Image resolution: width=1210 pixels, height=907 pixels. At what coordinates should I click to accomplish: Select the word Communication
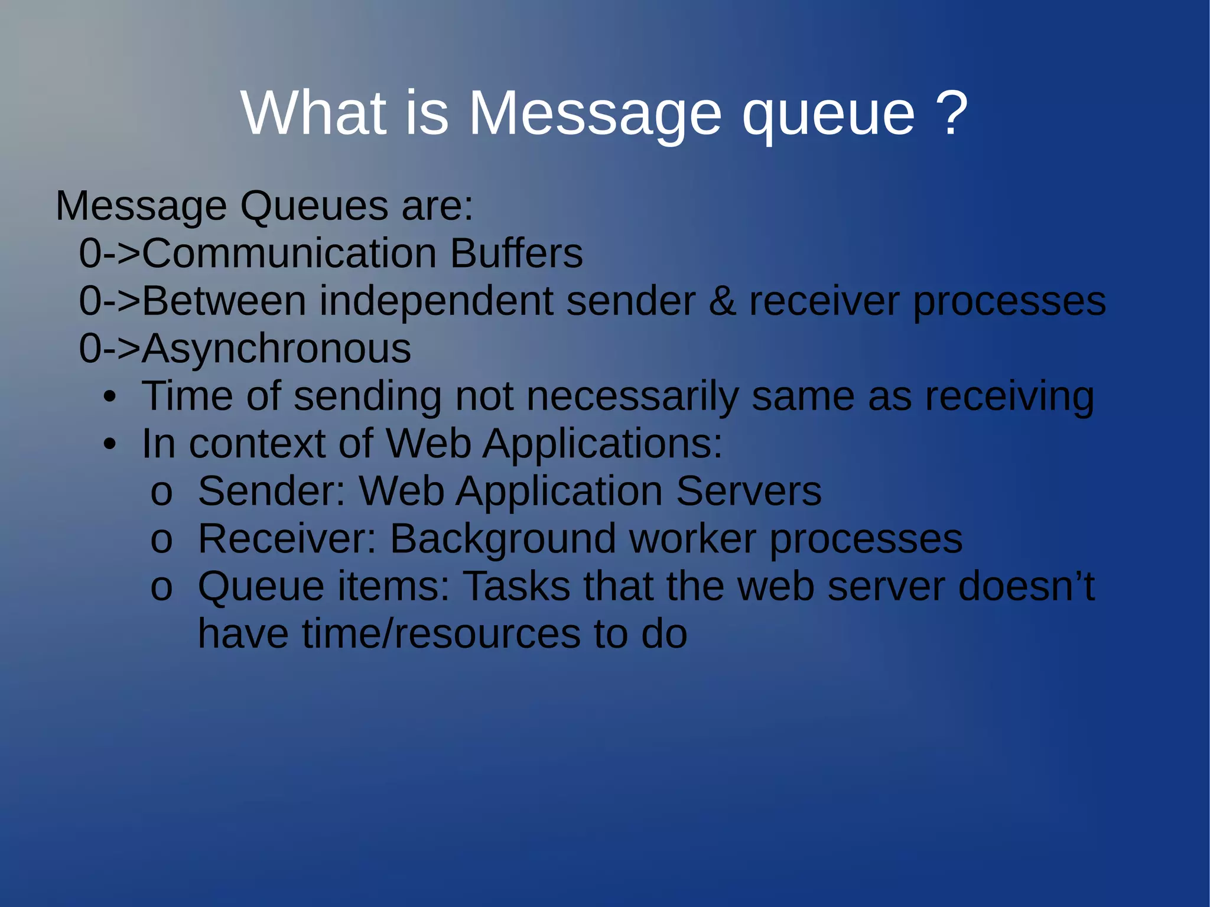pos(290,253)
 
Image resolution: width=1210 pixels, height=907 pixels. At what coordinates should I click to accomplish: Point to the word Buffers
pos(516,253)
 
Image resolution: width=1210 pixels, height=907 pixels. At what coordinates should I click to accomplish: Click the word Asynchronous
pos(277,349)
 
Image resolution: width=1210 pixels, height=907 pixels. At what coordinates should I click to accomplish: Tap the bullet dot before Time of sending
pos(109,397)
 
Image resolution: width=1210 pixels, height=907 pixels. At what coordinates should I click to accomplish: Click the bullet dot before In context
pos(109,445)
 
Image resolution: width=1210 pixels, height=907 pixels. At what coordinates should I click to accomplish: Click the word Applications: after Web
pos(602,444)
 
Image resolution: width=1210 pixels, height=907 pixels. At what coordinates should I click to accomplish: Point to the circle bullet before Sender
pos(161,493)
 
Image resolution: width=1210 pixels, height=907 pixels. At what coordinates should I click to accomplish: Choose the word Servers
pos(748,492)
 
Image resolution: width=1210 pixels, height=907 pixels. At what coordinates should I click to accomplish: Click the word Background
pos(503,540)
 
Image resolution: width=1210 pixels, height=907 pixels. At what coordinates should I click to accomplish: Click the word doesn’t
pos(1026,587)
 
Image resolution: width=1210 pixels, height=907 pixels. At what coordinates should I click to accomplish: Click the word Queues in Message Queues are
pos(314,207)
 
